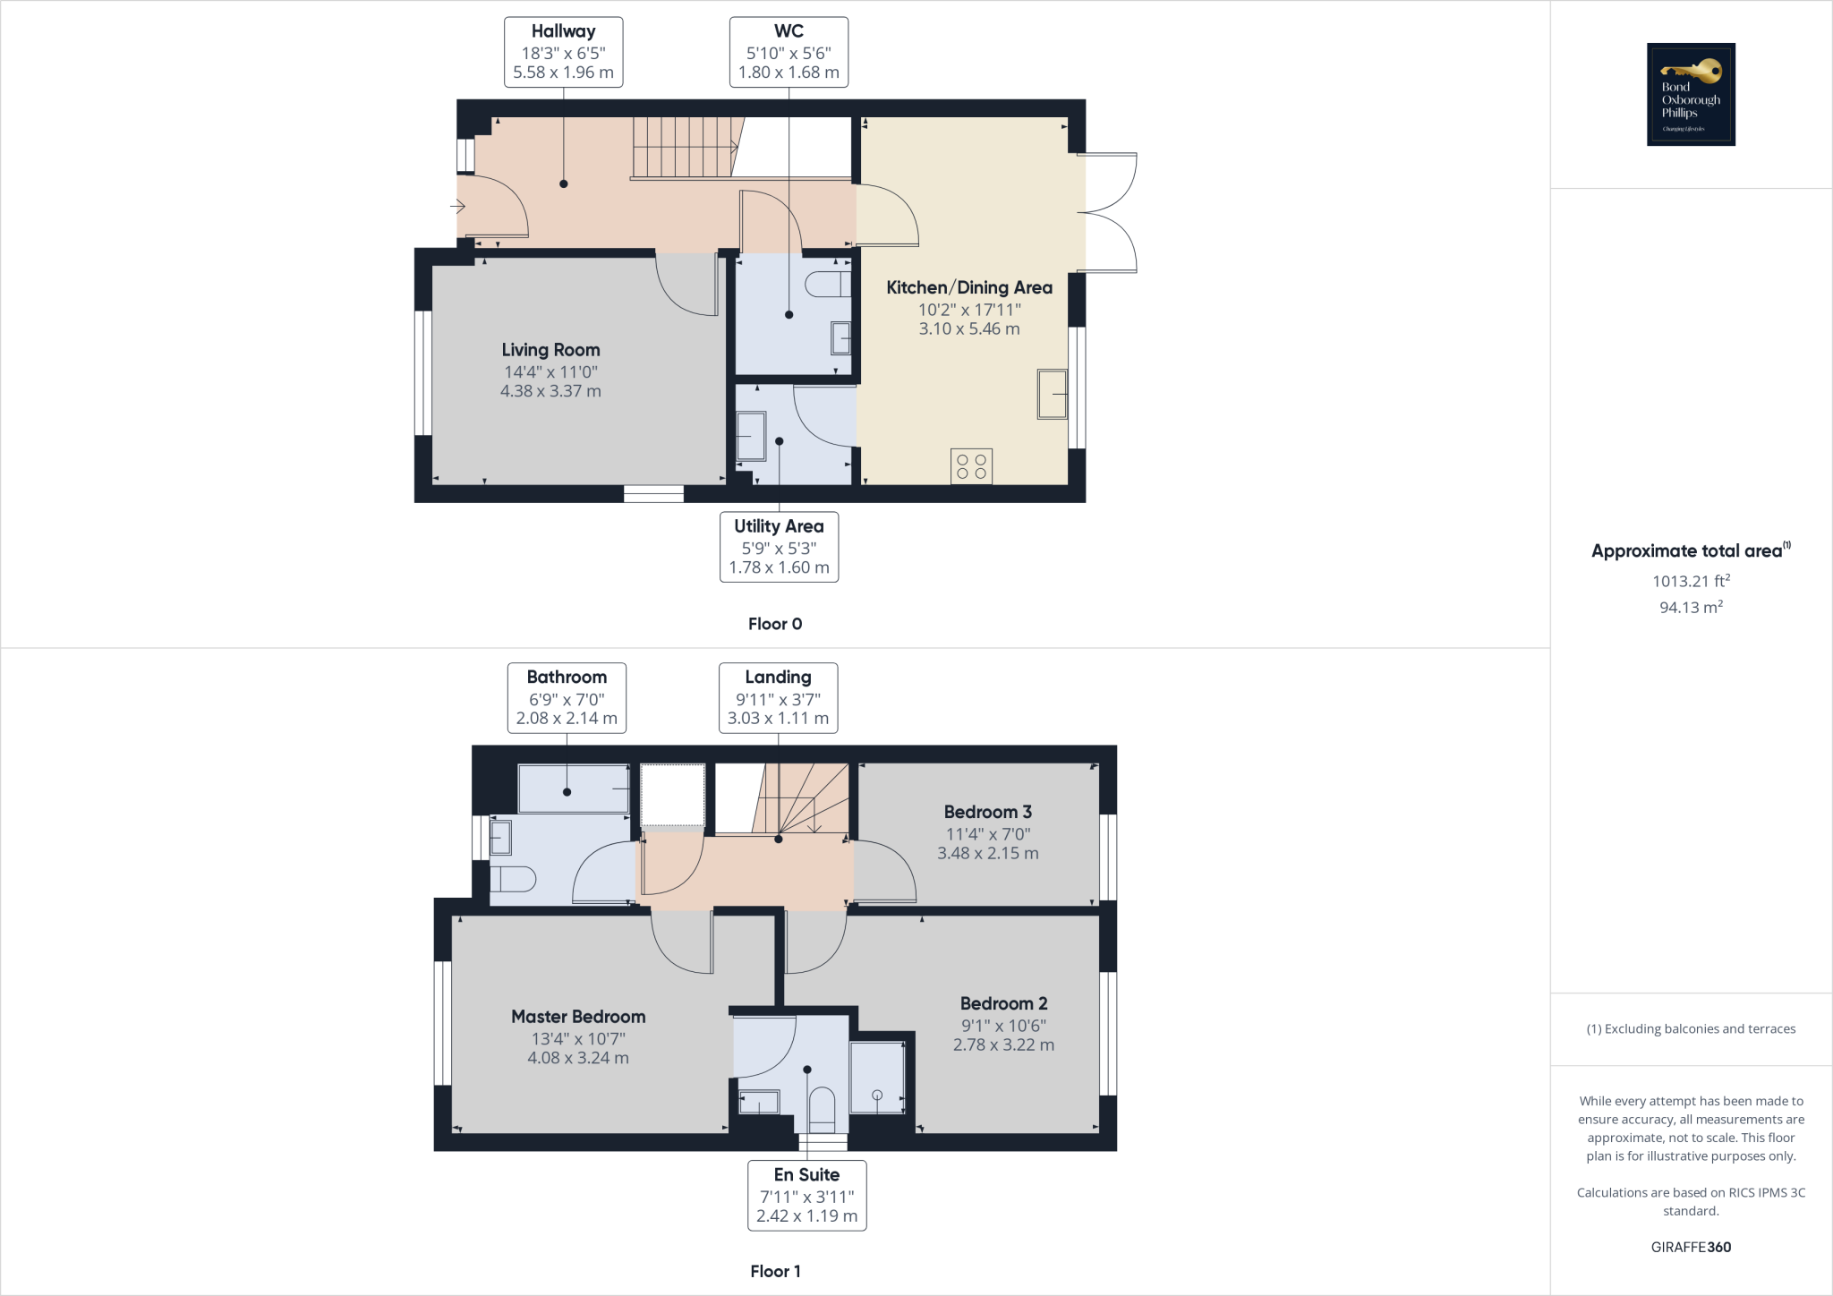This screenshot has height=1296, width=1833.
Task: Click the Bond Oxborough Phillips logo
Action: tap(1691, 94)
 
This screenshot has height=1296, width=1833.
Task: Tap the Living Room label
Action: tap(550, 350)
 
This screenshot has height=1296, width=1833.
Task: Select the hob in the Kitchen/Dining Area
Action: tap(971, 466)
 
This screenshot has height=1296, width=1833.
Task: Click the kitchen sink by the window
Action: tap(1053, 394)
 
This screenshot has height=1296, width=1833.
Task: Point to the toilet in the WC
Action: tap(828, 285)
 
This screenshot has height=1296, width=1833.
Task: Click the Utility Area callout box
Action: tap(779, 547)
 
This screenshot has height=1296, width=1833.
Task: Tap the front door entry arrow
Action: tap(457, 208)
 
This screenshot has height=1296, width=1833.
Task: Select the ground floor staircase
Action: tap(685, 148)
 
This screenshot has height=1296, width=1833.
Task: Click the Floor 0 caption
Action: tap(775, 624)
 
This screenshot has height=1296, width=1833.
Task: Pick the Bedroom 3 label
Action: tap(987, 812)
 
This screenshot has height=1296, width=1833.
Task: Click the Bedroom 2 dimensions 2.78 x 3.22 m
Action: tap(1003, 1044)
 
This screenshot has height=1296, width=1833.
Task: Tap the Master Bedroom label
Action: tap(578, 1017)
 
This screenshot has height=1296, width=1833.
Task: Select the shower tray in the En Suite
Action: tap(877, 1078)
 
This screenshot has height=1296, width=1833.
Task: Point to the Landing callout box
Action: tap(778, 697)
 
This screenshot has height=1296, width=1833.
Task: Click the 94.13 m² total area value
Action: tap(1691, 607)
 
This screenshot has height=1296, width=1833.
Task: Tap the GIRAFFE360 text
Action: tap(1691, 1247)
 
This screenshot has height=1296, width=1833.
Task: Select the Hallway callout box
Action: tap(563, 52)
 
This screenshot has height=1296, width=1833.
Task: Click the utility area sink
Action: tap(751, 436)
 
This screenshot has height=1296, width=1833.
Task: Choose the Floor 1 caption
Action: tap(775, 1271)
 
